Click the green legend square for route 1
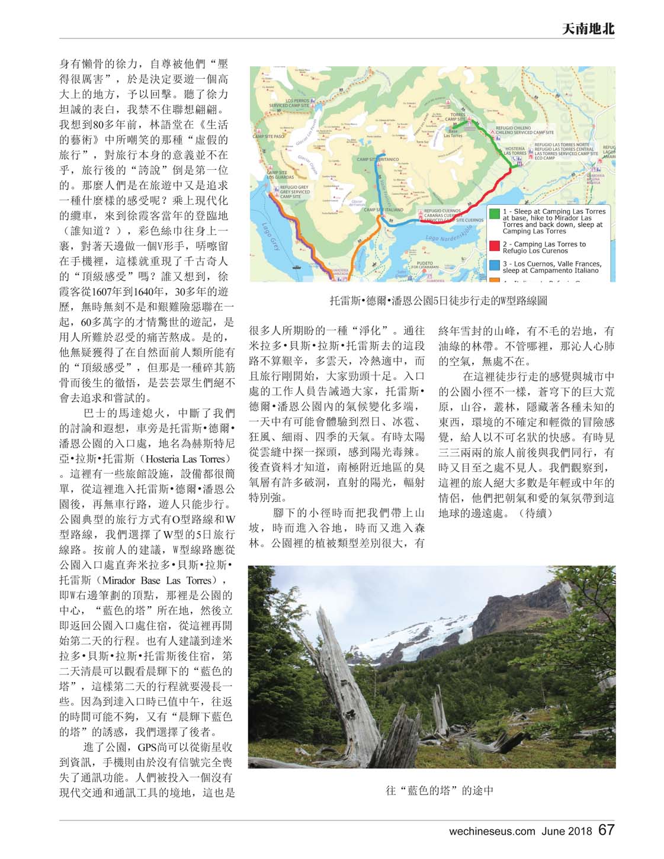[x=494, y=213]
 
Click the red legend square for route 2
[x=494, y=246]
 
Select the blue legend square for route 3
[x=494, y=266]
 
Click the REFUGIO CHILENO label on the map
[x=522, y=127]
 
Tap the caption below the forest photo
[x=440, y=790]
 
